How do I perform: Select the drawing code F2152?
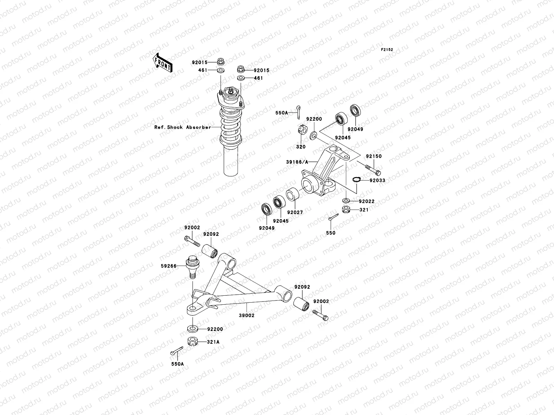click(387, 50)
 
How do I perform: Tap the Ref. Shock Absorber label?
click(182, 127)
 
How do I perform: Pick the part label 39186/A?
click(296, 162)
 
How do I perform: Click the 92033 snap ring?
click(356, 179)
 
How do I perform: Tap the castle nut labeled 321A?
click(193, 342)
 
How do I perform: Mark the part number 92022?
click(366, 201)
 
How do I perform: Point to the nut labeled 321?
click(346, 209)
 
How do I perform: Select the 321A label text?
click(213, 342)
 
